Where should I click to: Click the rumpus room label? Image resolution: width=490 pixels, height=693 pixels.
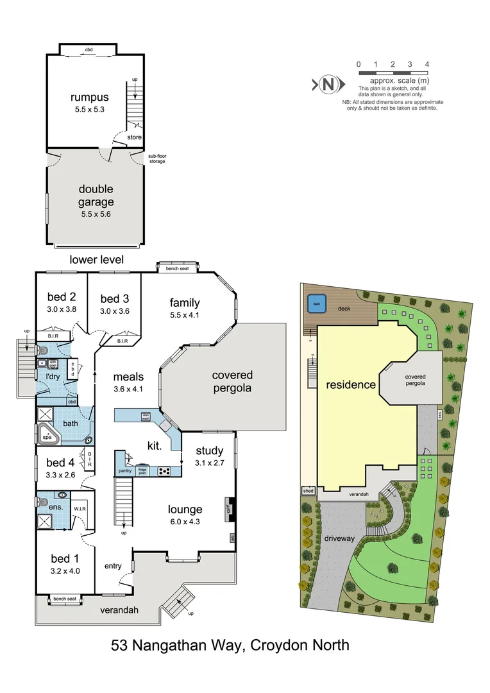point(90,98)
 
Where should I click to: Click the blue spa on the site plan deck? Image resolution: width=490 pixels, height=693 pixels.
point(316,304)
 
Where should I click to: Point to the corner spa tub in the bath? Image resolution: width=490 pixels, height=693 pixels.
point(47,436)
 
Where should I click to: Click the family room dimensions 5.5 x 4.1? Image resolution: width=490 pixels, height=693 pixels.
point(185,315)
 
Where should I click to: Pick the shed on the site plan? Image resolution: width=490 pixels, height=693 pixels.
point(308,492)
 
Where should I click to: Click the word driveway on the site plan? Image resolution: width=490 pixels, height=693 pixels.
point(339,538)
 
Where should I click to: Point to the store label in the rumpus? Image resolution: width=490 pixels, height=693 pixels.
point(134,137)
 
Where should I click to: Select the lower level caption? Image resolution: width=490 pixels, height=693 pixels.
point(97,259)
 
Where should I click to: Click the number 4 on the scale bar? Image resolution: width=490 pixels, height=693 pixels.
point(427,64)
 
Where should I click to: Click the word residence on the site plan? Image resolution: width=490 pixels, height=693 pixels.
point(350,385)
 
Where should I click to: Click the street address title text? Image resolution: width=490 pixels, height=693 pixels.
point(230,645)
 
